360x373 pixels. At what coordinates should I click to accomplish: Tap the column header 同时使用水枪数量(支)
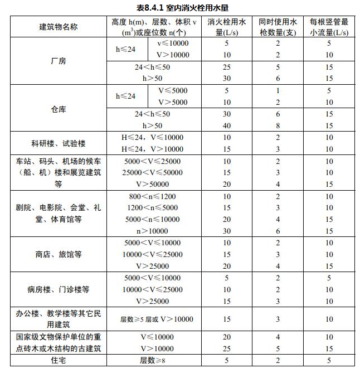277,27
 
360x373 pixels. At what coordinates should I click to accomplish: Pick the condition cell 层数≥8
154,361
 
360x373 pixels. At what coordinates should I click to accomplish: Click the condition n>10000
154,231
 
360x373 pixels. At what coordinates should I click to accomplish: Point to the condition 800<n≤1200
154,196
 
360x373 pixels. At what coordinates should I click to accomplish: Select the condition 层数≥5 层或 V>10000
157,319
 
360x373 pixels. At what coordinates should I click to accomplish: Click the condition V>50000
154,184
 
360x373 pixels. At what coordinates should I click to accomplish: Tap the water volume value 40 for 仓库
226,125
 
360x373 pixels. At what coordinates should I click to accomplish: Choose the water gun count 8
277,125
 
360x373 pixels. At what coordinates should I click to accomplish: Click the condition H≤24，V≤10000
154,137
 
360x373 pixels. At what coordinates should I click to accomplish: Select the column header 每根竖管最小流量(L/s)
329,27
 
